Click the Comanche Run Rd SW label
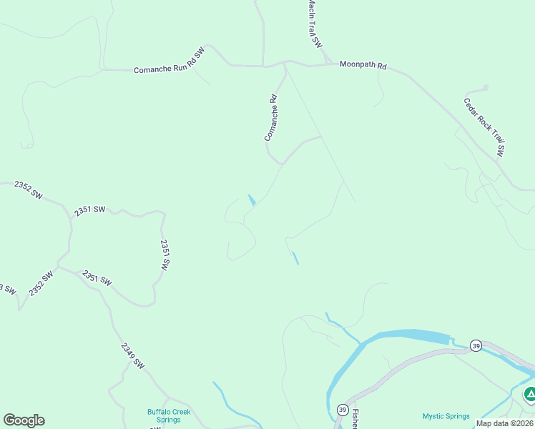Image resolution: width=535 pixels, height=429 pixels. point(169,61)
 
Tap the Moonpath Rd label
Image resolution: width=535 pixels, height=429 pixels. point(363,65)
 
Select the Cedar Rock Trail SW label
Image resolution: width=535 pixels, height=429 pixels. point(484,127)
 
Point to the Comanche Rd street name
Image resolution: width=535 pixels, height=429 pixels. point(271,118)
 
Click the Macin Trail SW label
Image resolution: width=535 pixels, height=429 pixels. point(314,24)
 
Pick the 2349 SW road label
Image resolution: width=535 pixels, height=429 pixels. point(132,355)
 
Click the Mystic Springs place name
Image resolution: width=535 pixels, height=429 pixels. point(446,416)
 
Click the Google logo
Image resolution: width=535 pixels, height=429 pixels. point(24,420)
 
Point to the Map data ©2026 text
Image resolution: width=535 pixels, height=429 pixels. point(504,423)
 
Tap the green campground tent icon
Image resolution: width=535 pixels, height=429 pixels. point(530,393)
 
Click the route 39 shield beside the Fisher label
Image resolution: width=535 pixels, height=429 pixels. point(342,410)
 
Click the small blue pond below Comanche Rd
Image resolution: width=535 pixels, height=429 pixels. point(251,199)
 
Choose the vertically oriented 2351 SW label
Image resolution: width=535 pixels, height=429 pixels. point(165,255)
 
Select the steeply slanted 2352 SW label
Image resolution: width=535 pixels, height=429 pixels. point(41,284)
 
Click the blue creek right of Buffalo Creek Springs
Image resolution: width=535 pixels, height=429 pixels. point(227,400)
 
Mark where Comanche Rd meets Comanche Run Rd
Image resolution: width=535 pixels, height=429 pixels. point(285,64)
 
